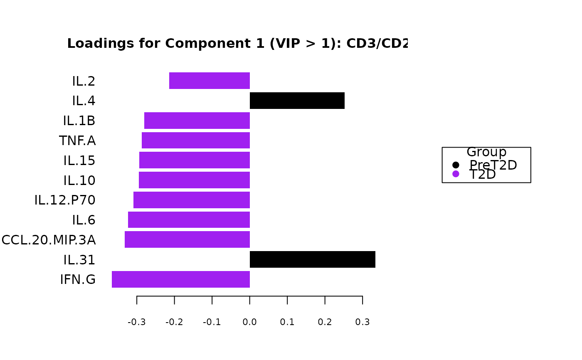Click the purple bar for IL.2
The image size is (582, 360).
click(x=210, y=81)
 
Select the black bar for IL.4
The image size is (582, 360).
click(x=297, y=101)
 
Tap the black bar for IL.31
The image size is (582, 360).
click(x=312, y=259)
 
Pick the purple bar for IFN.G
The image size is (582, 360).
click(x=181, y=279)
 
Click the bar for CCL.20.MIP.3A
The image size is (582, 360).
click(x=187, y=239)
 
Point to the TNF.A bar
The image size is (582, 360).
click(x=196, y=141)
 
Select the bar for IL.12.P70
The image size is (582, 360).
click(x=192, y=200)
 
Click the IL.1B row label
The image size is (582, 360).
click(x=79, y=121)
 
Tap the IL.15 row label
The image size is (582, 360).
click(x=79, y=161)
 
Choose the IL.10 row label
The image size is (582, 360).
click(x=79, y=181)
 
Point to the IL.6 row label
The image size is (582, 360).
click(x=84, y=220)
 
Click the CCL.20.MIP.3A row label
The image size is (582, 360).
click(x=49, y=240)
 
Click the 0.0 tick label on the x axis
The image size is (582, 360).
click(x=249, y=322)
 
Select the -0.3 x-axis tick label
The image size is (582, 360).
click(x=136, y=322)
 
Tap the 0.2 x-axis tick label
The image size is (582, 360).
click(x=325, y=322)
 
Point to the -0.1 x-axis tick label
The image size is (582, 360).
click(x=212, y=322)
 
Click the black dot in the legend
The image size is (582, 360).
click(x=456, y=165)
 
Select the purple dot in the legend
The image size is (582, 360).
click(x=456, y=174)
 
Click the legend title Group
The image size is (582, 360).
click(x=486, y=152)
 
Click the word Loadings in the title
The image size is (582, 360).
click(x=93, y=44)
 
